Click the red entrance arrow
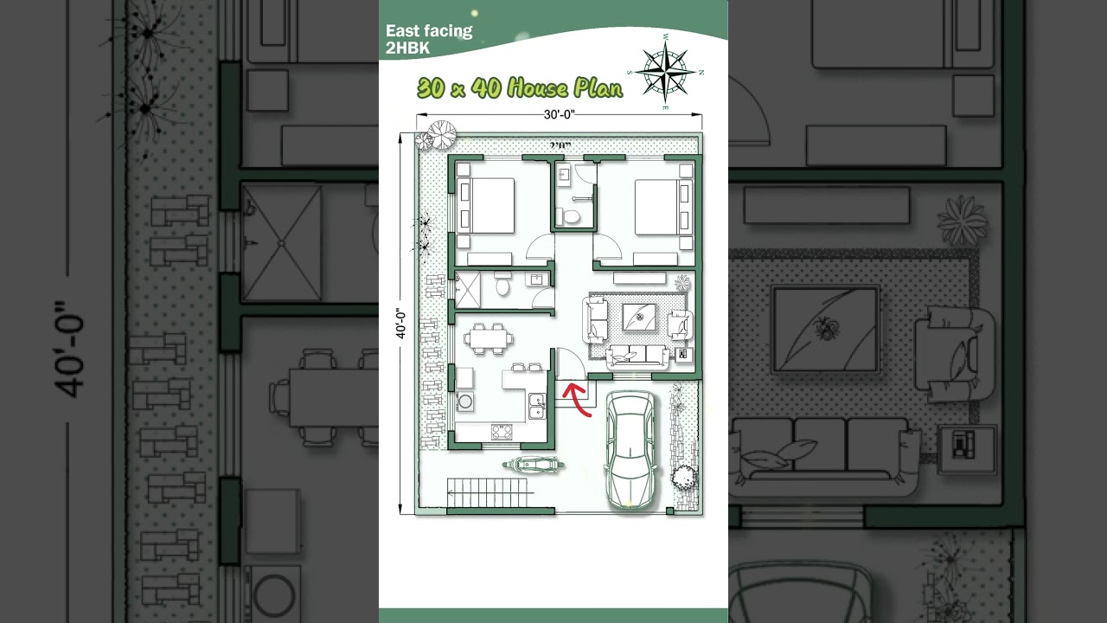(577, 399)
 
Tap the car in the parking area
(630, 449)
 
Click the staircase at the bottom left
(490, 494)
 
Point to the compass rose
(666, 71)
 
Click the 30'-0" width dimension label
(559, 114)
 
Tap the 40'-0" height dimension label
(401, 324)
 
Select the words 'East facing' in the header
(429, 32)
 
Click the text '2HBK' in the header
(407, 48)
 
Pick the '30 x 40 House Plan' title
(519, 87)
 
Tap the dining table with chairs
(490, 337)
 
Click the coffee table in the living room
(639, 318)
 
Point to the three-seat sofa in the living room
(637, 356)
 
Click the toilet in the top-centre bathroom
(567, 215)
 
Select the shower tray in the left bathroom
(468, 290)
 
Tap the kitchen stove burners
(502, 432)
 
